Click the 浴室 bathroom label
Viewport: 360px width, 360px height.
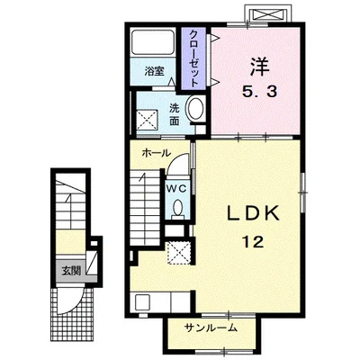point(154,71)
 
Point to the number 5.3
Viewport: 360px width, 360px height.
point(260,91)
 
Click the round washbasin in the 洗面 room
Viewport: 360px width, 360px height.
point(195,109)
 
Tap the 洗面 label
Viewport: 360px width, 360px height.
point(174,114)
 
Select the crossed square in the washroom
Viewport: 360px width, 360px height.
point(147,120)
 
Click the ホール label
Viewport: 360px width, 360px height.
point(156,153)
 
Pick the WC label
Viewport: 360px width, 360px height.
point(176,189)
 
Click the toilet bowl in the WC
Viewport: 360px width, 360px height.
point(177,209)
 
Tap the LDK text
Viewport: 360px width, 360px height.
point(253,213)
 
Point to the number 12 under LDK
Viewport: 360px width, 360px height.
point(254,241)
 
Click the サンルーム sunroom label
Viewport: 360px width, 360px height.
point(211,328)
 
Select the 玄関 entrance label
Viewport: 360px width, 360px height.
point(71,271)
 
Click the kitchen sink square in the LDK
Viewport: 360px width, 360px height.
point(142,302)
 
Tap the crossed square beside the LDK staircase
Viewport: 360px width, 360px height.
point(179,253)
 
